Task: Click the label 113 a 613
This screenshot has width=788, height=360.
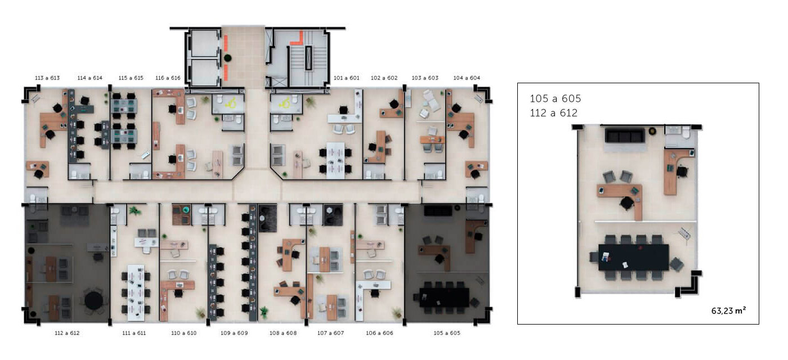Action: point(47,78)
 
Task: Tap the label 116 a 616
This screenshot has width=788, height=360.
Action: point(168,78)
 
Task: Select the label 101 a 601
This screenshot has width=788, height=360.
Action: point(347,78)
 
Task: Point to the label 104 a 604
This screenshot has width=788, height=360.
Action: point(467,78)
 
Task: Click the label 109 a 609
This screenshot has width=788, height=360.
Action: point(234,333)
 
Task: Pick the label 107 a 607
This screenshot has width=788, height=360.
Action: point(330,333)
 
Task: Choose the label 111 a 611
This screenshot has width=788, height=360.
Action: point(134,333)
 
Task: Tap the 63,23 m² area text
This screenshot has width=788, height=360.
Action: point(728,310)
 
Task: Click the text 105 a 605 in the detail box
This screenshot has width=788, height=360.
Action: point(556,99)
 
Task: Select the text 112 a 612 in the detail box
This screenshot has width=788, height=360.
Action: point(554,113)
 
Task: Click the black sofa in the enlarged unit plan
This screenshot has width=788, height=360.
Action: point(625,136)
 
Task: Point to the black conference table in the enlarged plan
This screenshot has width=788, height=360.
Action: point(633,258)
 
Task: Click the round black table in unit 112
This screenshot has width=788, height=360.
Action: point(94,300)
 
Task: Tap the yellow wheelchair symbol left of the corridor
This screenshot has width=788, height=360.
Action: point(231,103)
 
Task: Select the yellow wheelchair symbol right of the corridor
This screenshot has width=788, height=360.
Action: point(284,104)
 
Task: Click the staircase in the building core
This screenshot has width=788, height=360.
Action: point(308,58)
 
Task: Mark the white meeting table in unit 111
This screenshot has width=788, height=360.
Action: point(136,292)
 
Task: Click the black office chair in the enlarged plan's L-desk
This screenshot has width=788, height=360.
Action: point(627,203)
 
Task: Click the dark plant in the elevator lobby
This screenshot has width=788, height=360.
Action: point(227,58)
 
